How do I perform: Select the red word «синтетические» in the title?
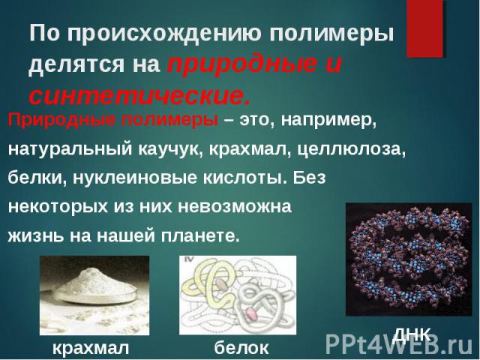click(139, 95)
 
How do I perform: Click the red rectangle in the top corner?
click(424, 28)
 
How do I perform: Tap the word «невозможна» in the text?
click(235, 207)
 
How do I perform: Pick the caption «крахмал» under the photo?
click(91, 348)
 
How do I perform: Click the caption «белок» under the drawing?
click(241, 348)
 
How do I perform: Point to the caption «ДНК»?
click(412, 335)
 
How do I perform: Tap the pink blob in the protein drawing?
click(251, 314)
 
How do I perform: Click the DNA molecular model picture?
click(409, 259)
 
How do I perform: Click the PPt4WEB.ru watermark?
click(399, 344)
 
